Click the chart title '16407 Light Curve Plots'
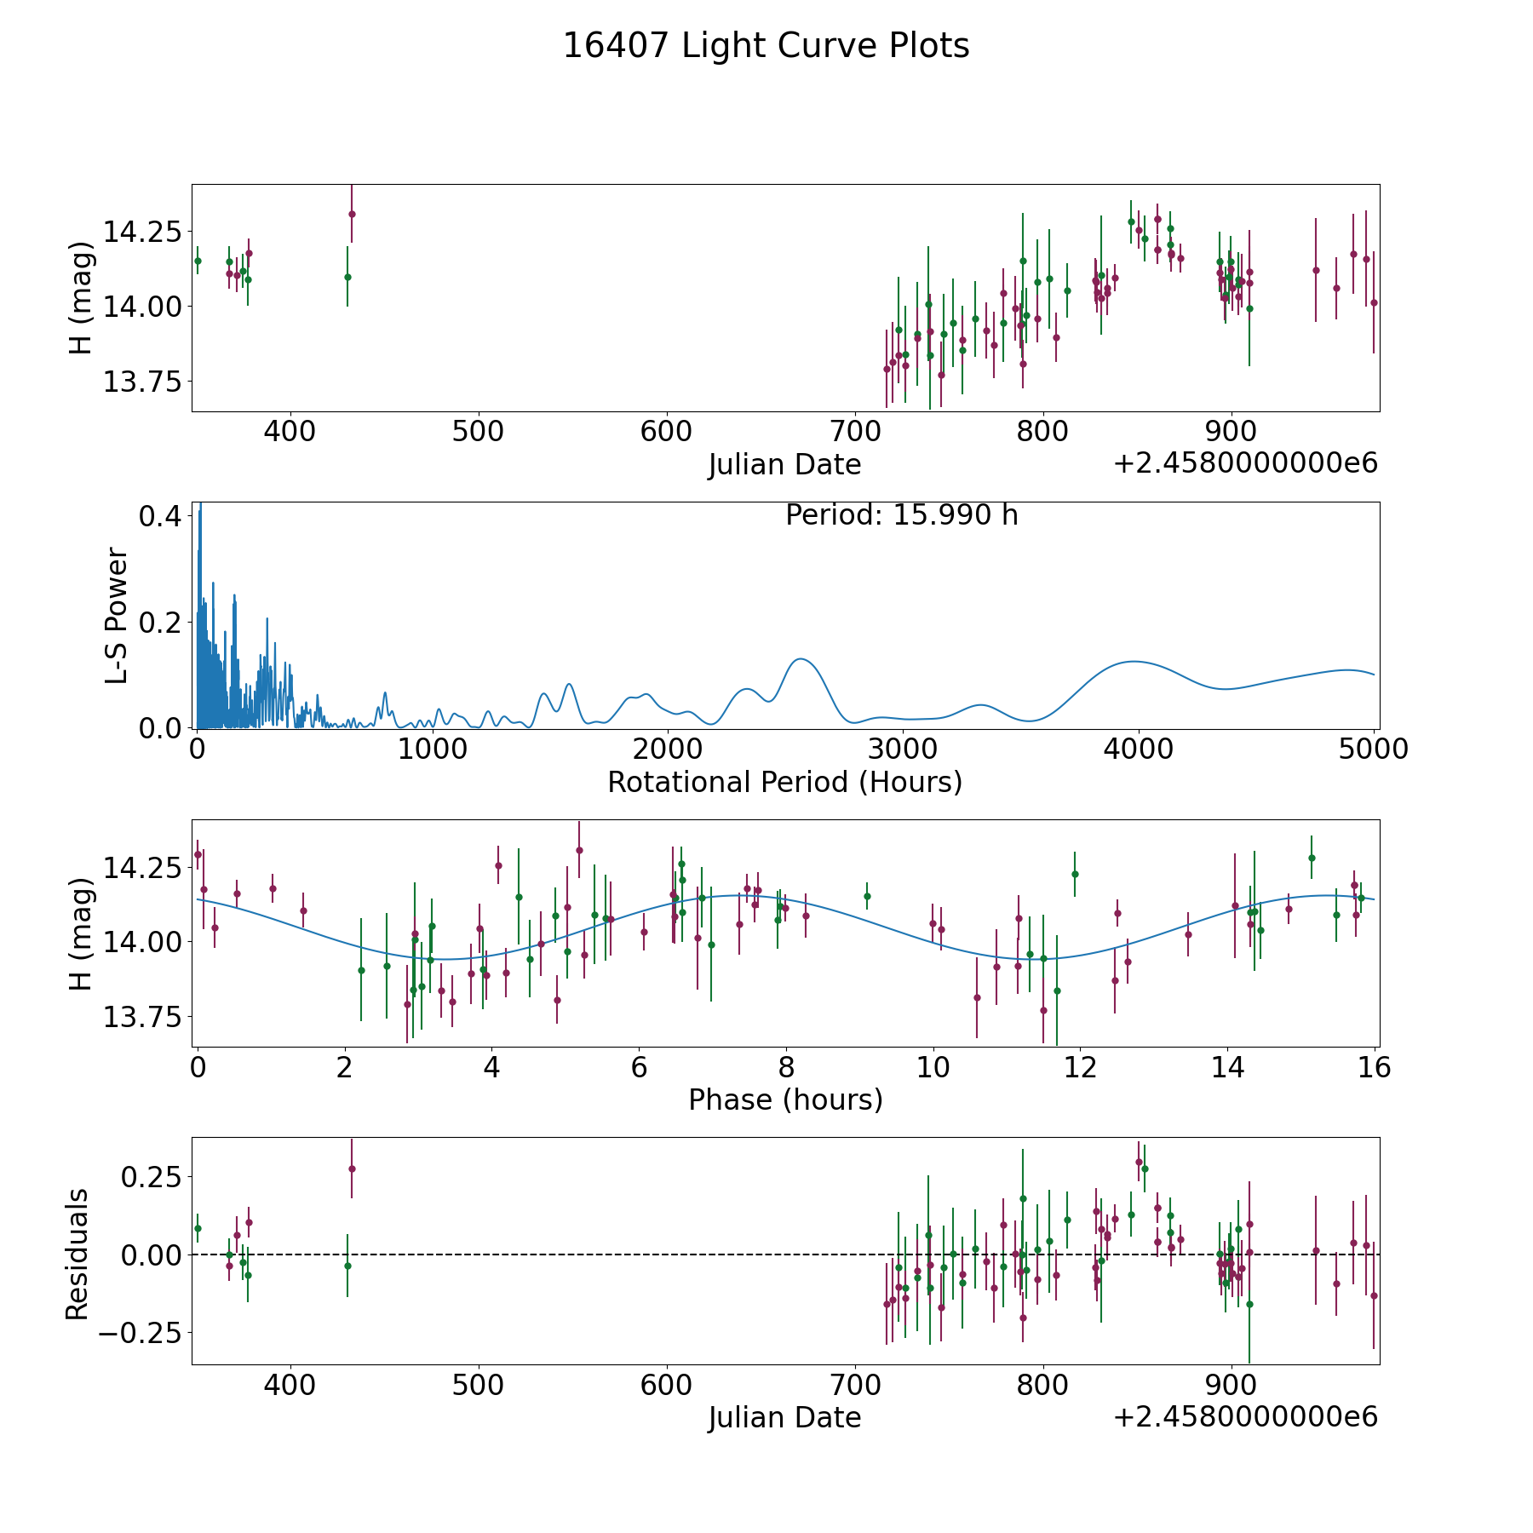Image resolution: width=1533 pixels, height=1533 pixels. [766, 46]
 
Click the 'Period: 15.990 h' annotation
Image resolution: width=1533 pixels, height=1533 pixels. [901, 515]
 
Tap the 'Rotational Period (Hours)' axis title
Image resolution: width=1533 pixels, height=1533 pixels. [784, 782]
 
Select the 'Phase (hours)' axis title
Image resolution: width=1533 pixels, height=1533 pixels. [784, 1100]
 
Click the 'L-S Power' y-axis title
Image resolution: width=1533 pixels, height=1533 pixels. [117, 616]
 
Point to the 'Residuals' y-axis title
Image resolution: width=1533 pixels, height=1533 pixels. [78, 1255]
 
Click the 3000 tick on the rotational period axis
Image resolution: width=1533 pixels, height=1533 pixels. [902, 749]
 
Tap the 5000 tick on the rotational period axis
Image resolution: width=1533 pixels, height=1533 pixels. [1373, 749]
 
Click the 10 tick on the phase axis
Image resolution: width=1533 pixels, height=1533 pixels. [933, 1066]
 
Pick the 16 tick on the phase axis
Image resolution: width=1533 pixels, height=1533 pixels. [1375, 1066]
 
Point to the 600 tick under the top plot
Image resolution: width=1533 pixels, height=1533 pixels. [666, 431]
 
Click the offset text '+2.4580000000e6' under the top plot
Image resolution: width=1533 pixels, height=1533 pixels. [1245, 463]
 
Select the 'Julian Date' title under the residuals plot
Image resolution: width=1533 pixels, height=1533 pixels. [784, 1417]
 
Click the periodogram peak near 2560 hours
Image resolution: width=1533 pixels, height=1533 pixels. [801, 659]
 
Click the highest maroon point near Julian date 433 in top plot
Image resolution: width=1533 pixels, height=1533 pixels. [352, 214]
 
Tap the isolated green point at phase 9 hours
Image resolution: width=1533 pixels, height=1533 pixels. [867, 896]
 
